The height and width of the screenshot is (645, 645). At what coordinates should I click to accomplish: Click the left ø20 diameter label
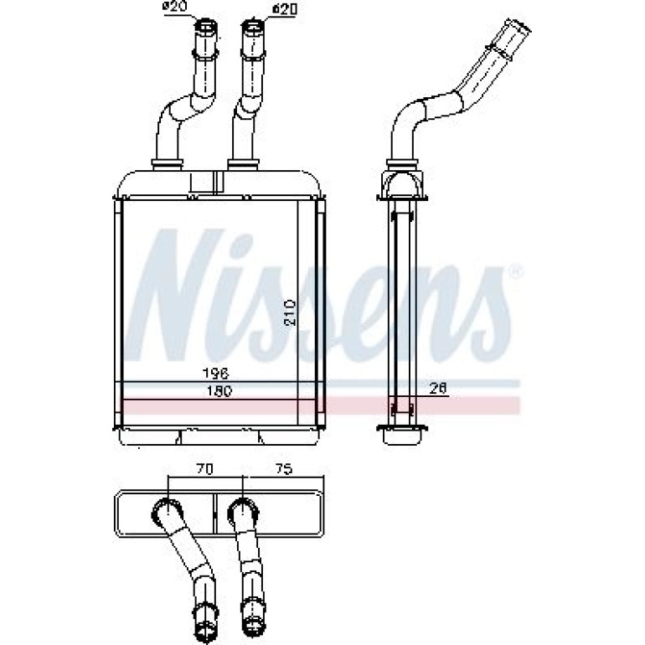pos(175,7)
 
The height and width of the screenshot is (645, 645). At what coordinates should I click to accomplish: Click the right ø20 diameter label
pos(284,8)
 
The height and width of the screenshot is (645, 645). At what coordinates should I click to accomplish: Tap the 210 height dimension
pos(291,312)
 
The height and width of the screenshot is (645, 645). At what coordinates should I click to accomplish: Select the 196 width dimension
pos(215,374)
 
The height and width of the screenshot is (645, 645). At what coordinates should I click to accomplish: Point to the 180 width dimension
pos(219,391)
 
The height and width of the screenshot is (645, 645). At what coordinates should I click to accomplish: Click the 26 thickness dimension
pos(437,389)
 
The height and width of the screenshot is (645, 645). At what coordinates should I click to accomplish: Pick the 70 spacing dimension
pos(204,469)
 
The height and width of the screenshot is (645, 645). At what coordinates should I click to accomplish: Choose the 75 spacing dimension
pos(282,468)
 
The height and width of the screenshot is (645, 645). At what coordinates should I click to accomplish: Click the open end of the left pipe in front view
pos(206,26)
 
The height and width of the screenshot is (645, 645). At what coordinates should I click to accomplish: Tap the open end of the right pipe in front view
pos(254,26)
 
